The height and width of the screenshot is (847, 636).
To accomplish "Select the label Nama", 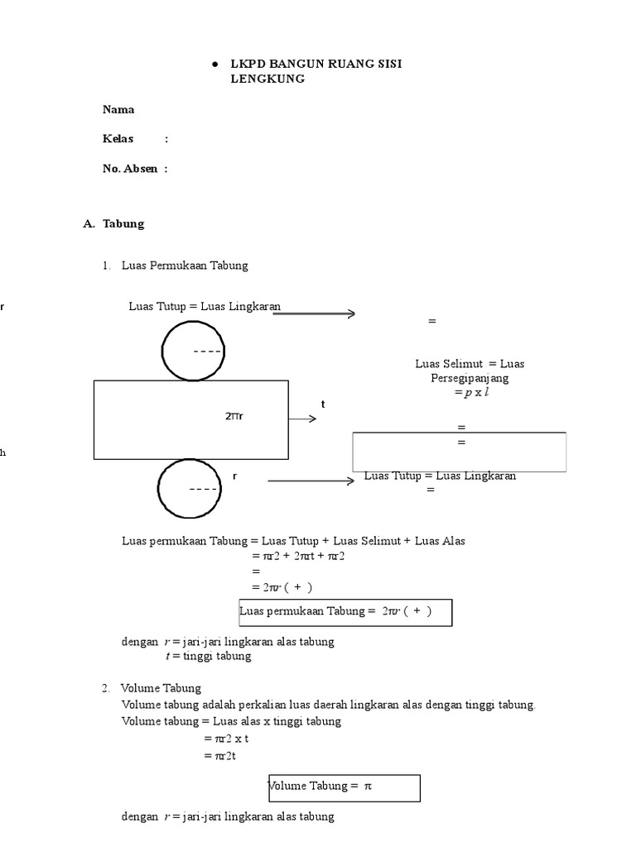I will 118,109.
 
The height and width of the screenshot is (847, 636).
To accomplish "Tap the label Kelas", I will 118,138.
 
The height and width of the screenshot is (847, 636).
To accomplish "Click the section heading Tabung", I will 123,223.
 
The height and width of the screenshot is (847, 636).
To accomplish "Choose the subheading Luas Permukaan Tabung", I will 185,266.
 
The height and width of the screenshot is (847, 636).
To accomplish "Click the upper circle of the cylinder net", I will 193,351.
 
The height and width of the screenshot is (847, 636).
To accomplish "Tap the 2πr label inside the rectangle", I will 234,416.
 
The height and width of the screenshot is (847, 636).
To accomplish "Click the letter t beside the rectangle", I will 324,404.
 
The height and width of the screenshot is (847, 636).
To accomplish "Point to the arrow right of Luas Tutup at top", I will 314,313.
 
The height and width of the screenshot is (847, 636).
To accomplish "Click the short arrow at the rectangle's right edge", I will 303,419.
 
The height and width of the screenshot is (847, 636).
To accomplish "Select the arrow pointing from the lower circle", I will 311,481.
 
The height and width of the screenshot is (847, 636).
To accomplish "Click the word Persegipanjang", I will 470,378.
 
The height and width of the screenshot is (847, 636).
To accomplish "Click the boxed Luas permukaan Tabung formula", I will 345,612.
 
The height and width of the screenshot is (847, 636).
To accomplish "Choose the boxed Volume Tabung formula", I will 344,787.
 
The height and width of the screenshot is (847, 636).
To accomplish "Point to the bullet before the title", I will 214,64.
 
